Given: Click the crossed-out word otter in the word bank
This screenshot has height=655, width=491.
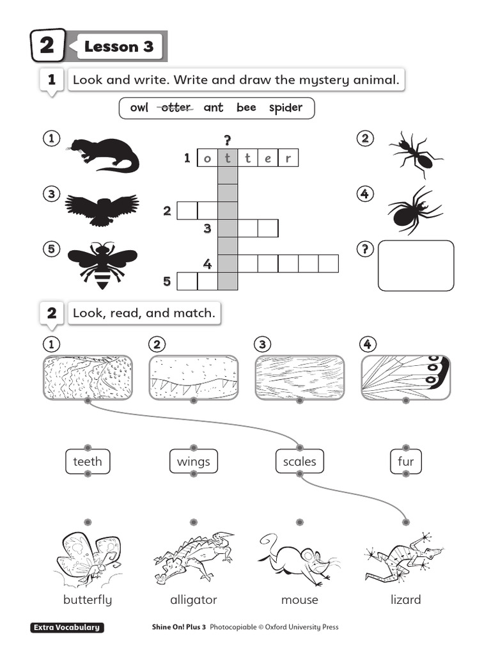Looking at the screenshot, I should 176,108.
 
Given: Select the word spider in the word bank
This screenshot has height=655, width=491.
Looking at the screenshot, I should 285,108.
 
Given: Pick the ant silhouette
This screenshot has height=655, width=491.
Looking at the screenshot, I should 414,154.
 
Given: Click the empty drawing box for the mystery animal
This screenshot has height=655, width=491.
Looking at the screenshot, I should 416,265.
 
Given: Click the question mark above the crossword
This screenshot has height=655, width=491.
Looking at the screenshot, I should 227,140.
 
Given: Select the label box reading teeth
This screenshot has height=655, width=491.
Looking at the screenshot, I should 88,461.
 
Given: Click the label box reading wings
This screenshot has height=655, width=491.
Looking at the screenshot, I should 193,461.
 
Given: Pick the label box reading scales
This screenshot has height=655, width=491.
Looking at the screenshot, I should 299,461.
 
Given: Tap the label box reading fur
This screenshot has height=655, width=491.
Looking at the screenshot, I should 405,461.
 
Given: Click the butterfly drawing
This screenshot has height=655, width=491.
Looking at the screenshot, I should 88,556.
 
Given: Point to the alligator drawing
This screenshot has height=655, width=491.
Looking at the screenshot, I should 193,553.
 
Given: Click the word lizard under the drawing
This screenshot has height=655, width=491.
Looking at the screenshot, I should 405,600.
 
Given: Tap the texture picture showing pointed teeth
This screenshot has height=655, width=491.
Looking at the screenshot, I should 193,378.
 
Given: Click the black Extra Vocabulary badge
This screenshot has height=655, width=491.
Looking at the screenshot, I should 67,627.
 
